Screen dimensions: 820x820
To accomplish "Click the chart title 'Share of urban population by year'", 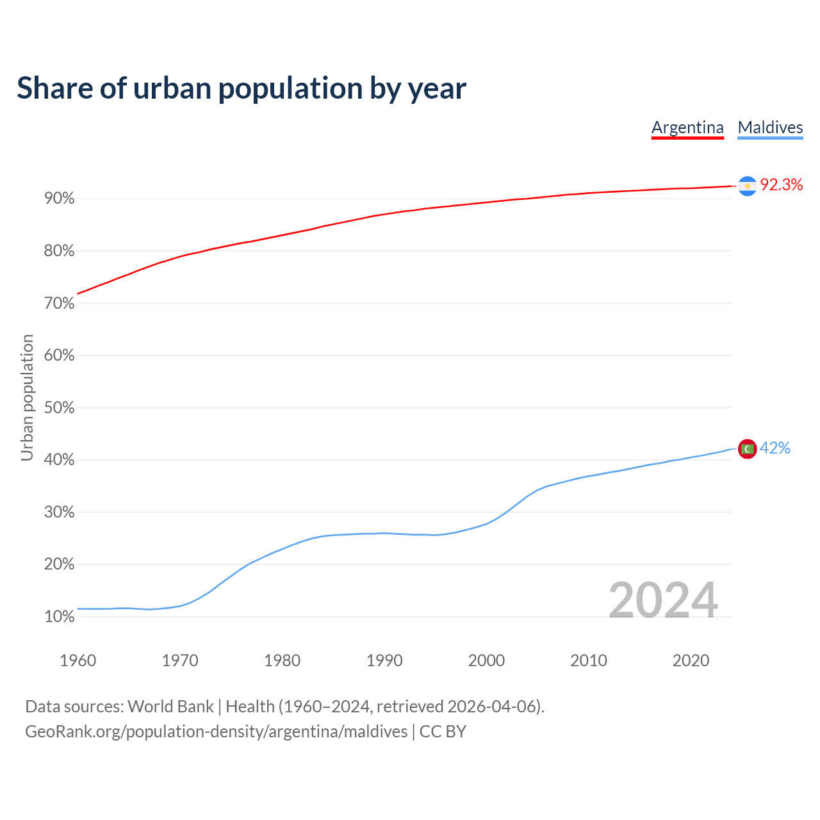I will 242,88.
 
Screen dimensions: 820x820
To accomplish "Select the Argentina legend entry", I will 687,127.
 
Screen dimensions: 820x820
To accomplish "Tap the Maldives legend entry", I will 770,127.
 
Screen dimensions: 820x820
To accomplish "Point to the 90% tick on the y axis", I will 60,199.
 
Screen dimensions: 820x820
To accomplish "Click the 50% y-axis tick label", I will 60,408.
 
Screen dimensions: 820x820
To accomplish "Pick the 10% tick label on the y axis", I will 60,617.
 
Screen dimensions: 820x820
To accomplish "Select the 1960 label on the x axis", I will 78,660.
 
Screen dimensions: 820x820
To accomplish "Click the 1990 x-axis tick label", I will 384,660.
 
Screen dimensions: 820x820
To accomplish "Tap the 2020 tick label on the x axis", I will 691,660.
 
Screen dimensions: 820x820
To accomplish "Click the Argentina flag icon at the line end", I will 747,186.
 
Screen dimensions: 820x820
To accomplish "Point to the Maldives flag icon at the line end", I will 747,449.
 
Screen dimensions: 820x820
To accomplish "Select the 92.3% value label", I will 781,185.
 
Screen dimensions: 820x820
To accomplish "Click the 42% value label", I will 775,448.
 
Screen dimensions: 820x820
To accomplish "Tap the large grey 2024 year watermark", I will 662,600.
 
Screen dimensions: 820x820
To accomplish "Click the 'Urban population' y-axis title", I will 27,397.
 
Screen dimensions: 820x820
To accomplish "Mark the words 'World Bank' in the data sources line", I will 170,707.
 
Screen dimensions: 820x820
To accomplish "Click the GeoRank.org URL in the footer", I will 216,732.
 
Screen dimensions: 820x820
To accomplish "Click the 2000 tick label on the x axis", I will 486,660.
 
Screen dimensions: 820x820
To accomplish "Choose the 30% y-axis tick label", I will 60,512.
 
